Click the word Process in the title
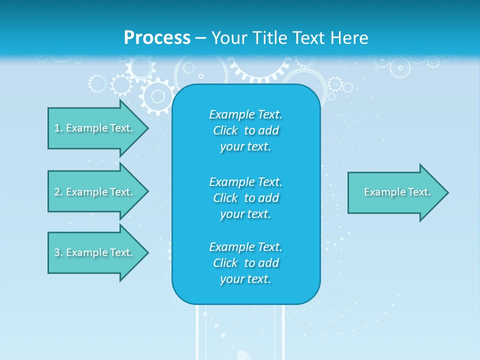coord(157,38)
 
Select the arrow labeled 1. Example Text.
coord(93,128)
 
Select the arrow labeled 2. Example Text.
coord(93,192)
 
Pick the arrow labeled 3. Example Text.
coord(93,252)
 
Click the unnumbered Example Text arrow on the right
coord(397,192)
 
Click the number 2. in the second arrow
coord(58,192)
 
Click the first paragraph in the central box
coord(245,130)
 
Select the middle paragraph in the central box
coord(245,197)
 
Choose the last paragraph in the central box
coord(245,263)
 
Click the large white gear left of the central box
coord(157,95)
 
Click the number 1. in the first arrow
coord(58,128)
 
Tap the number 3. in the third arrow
coord(58,252)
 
